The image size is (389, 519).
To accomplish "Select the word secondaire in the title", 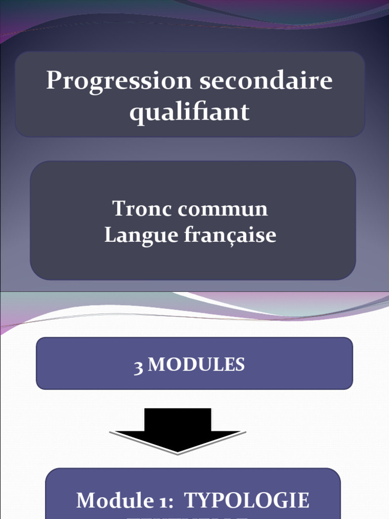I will (266, 81).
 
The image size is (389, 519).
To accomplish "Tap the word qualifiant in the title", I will (189, 112).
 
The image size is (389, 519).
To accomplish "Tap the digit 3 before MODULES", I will (138, 366).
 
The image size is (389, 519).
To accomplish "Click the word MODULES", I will (197, 364).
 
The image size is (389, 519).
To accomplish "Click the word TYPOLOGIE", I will (246, 501).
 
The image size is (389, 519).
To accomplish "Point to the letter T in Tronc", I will (119, 208).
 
